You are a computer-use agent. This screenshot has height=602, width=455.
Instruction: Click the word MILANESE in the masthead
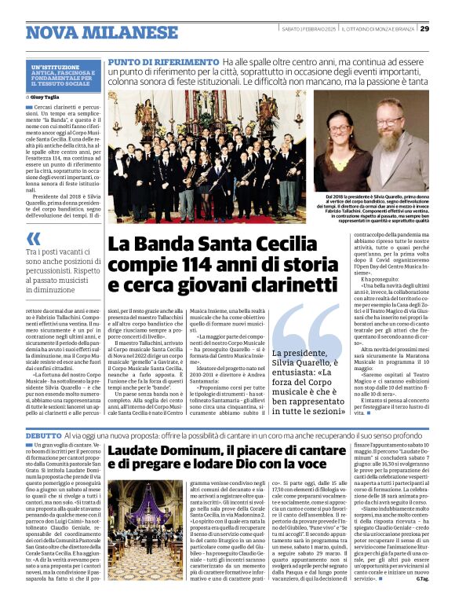click(125, 32)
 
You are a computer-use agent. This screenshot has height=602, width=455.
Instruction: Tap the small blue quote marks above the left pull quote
click(34, 239)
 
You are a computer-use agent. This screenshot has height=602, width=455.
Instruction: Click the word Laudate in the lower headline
click(138, 450)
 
